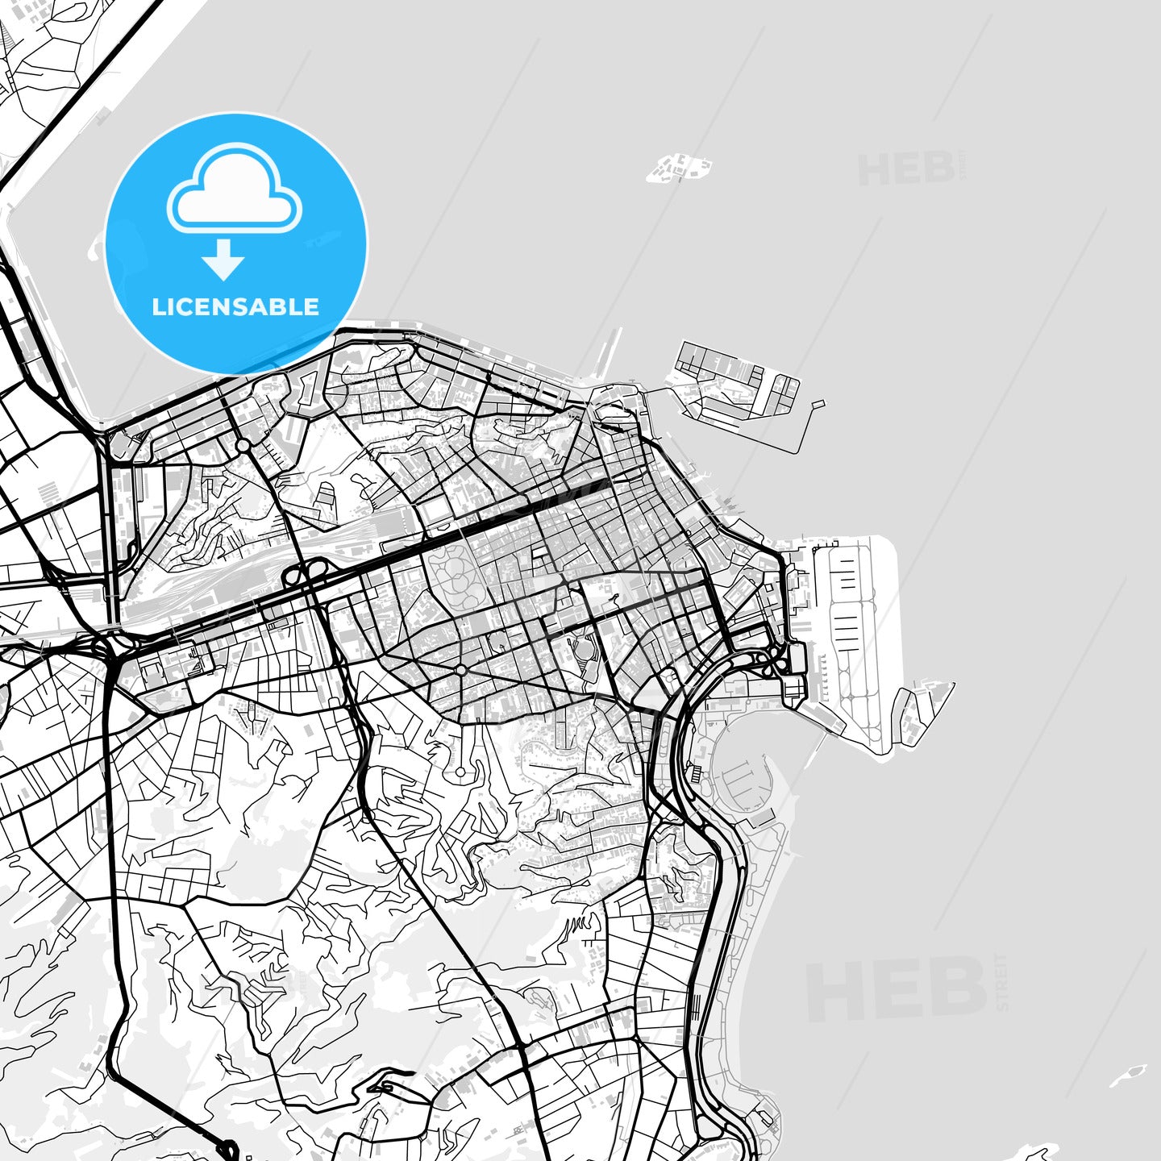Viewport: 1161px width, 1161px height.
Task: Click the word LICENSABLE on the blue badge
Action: (x=235, y=307)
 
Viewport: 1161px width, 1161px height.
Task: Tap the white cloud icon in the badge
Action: (x=234, y=189)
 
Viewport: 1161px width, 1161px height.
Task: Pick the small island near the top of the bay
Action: (x=679, y=169)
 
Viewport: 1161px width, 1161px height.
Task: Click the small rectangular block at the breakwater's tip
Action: (x=818, y=403)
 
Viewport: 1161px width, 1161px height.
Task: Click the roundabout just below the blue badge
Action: (x=243, y=445)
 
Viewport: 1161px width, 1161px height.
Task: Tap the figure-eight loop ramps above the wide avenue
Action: (x=302, y=575)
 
